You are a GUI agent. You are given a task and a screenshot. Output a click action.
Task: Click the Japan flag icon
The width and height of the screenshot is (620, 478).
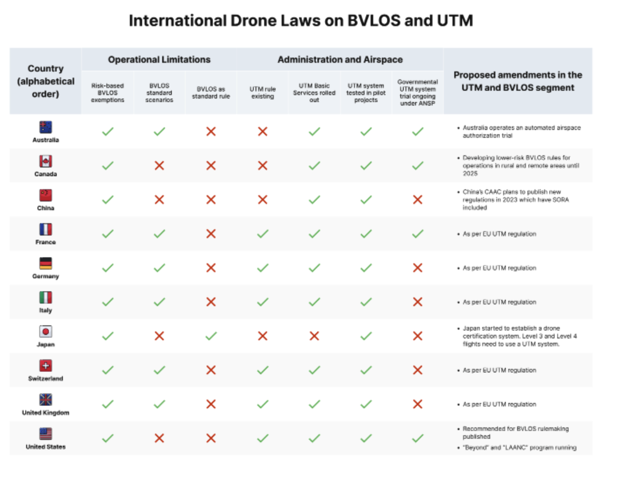[x=46, y=331]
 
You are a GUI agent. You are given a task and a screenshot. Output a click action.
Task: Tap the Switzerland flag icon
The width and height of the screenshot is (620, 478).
[x=46, y=365]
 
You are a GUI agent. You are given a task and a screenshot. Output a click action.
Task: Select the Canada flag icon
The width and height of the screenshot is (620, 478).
[x=46, y=161]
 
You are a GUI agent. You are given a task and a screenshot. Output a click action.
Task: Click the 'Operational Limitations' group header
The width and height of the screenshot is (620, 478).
[x=159, y=59]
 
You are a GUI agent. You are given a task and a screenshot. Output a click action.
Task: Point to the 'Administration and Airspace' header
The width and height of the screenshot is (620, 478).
[x=340, y=59]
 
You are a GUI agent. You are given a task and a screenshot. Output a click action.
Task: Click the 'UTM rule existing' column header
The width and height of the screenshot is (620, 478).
[x=262, y=93]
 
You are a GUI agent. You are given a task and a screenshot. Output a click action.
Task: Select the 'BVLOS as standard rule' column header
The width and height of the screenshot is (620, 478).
[x=211, y=93]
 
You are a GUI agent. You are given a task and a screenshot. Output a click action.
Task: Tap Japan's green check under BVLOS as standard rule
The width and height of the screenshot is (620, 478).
[x=211, y=336]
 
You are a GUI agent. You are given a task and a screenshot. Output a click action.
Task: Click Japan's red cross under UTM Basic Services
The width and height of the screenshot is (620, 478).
[x=314, y=336]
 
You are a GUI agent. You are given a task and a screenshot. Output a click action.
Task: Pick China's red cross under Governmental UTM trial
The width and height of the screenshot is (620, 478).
[x=417, y=199]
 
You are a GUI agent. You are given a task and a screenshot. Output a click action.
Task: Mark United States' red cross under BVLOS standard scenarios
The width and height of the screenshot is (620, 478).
[x=159, y=438]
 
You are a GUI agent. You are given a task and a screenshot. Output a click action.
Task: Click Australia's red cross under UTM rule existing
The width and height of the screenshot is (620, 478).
[x=262, y=132]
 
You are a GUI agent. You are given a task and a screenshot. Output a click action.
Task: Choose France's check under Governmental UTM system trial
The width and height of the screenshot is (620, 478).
[x=417, y=234]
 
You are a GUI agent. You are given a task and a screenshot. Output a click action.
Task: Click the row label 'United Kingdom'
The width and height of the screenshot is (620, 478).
[x=46, y=413]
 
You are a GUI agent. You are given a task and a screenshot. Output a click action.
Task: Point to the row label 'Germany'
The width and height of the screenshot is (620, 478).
[x=46, y=276]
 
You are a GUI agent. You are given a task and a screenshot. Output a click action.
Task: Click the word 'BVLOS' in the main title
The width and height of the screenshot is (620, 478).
[x=374, y=20]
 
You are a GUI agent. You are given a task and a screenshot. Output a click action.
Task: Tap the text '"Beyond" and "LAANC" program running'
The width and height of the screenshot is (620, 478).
[x=520, y=447]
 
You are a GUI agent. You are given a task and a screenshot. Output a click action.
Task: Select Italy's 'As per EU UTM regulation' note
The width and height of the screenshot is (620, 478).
[x=499, y=302]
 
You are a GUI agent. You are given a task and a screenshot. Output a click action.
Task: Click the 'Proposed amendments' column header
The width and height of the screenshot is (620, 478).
[x=518, y=81]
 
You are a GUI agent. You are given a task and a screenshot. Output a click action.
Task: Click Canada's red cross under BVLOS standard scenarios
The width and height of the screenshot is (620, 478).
[x=159, y=166]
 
